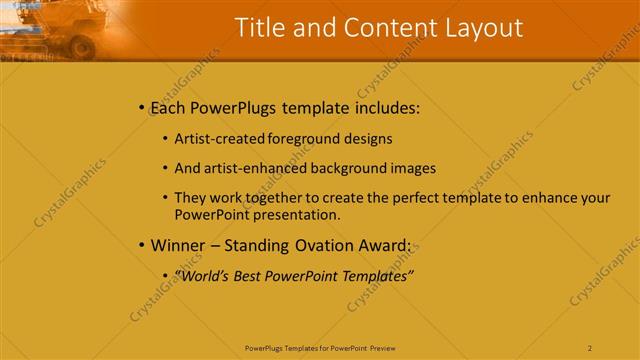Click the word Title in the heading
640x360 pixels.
258,28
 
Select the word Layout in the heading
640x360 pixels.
480,28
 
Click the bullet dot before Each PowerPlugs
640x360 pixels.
142,107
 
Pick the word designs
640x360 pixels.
367,139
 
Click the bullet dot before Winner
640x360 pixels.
142,244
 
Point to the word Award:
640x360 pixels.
382,244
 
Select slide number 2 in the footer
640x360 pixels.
590,348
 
